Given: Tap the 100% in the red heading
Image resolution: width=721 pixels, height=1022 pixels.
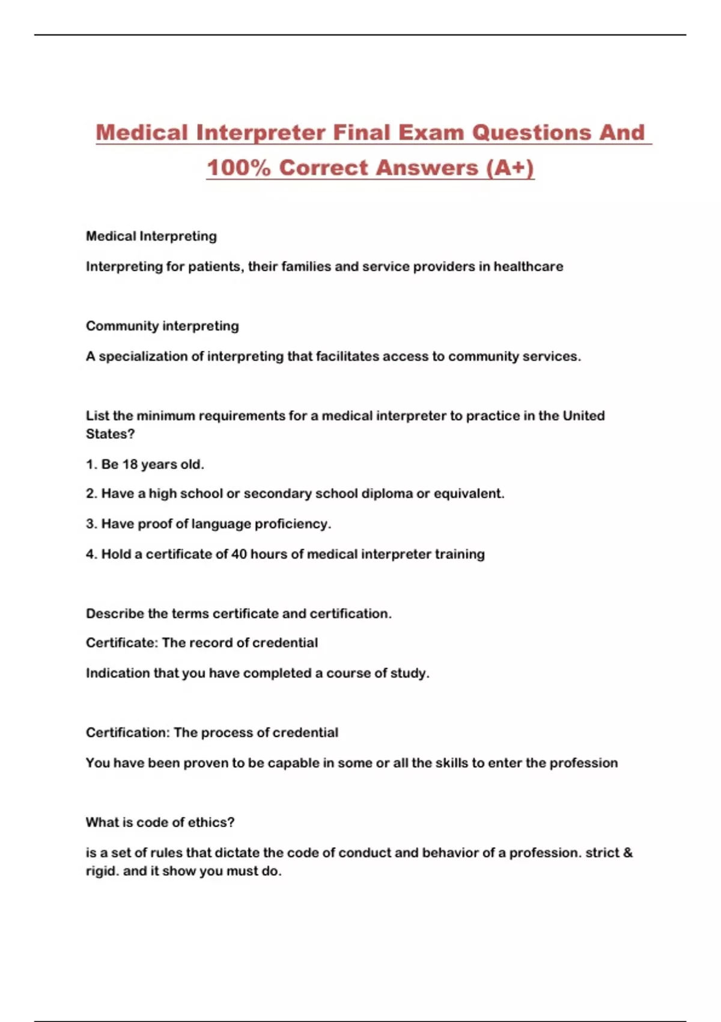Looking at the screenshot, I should coord(239,168).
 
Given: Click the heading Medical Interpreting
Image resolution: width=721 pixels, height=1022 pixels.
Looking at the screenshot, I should coord(151,236).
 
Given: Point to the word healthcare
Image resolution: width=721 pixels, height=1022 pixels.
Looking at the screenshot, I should coord(528,266).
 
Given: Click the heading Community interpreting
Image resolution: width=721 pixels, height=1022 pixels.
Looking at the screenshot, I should coord(162,326).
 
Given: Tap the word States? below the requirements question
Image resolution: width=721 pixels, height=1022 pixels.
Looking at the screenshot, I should coord(111,434).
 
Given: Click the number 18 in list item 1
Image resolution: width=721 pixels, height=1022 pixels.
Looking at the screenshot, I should coord(130,464).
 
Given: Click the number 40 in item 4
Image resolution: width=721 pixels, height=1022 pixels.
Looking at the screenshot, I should coord(239,554).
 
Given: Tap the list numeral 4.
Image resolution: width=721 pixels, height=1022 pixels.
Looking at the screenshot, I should coord(91,554).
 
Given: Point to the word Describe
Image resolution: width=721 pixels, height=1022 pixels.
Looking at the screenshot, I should coord(115,614).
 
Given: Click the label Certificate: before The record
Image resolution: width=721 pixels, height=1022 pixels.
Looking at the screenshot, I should coord(122,643).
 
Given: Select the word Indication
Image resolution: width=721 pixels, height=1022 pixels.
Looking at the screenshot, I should coord(117,673).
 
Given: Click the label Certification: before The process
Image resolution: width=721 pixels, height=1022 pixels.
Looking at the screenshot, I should coord(128,733).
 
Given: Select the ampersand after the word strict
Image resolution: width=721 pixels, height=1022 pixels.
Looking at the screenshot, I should coord(628,852).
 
